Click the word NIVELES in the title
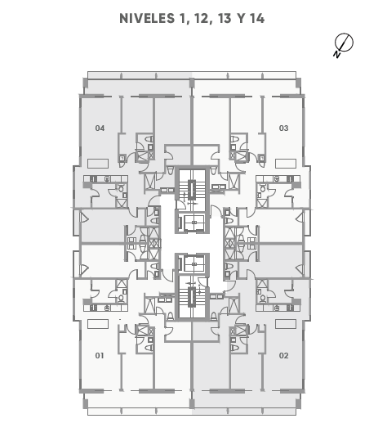coord(147,18)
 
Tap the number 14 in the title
coord(257,18)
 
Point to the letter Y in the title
coord(241,18)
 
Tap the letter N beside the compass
coord(337,54)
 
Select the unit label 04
coord(100,128)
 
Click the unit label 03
coord(283,128)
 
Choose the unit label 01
coord(100,355)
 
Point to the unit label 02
coord(283,355)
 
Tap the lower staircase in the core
coord(192,297)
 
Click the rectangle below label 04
coord(98,164)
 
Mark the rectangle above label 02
coord(286,324)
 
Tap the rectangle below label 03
coord(286,164)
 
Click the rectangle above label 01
coord(98,324)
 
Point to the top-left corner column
coord(86,83)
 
